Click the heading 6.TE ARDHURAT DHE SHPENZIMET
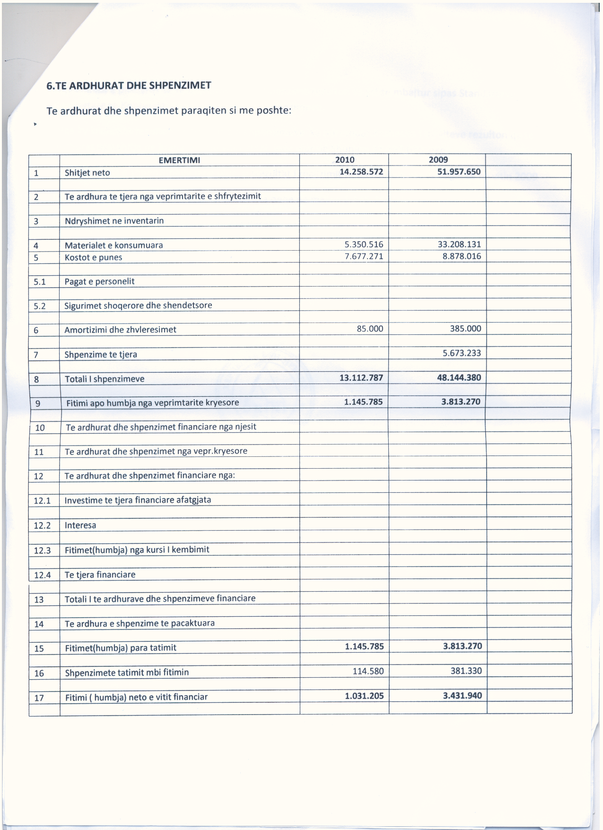coord(129,86)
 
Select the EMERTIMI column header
coord(179,160)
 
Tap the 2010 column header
coord(344,160)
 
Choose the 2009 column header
coord(438,160)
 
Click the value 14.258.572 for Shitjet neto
coord(361,172)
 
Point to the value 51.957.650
coord(459,172)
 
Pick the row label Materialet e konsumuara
coord(114,245)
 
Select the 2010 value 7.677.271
coord(364,256)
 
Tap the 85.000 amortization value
coord(370,329)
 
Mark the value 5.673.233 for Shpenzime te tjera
coord(462,353)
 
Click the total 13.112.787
coord(361,377)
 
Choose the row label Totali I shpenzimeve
coord(105,379)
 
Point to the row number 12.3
coord(42,550)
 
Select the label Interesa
coord(80,525)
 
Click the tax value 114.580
coord(368,671)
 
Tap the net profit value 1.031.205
coord(364,696)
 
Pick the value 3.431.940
coord(463,695)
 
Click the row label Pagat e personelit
coord(99,281)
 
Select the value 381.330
coord(466,671)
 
